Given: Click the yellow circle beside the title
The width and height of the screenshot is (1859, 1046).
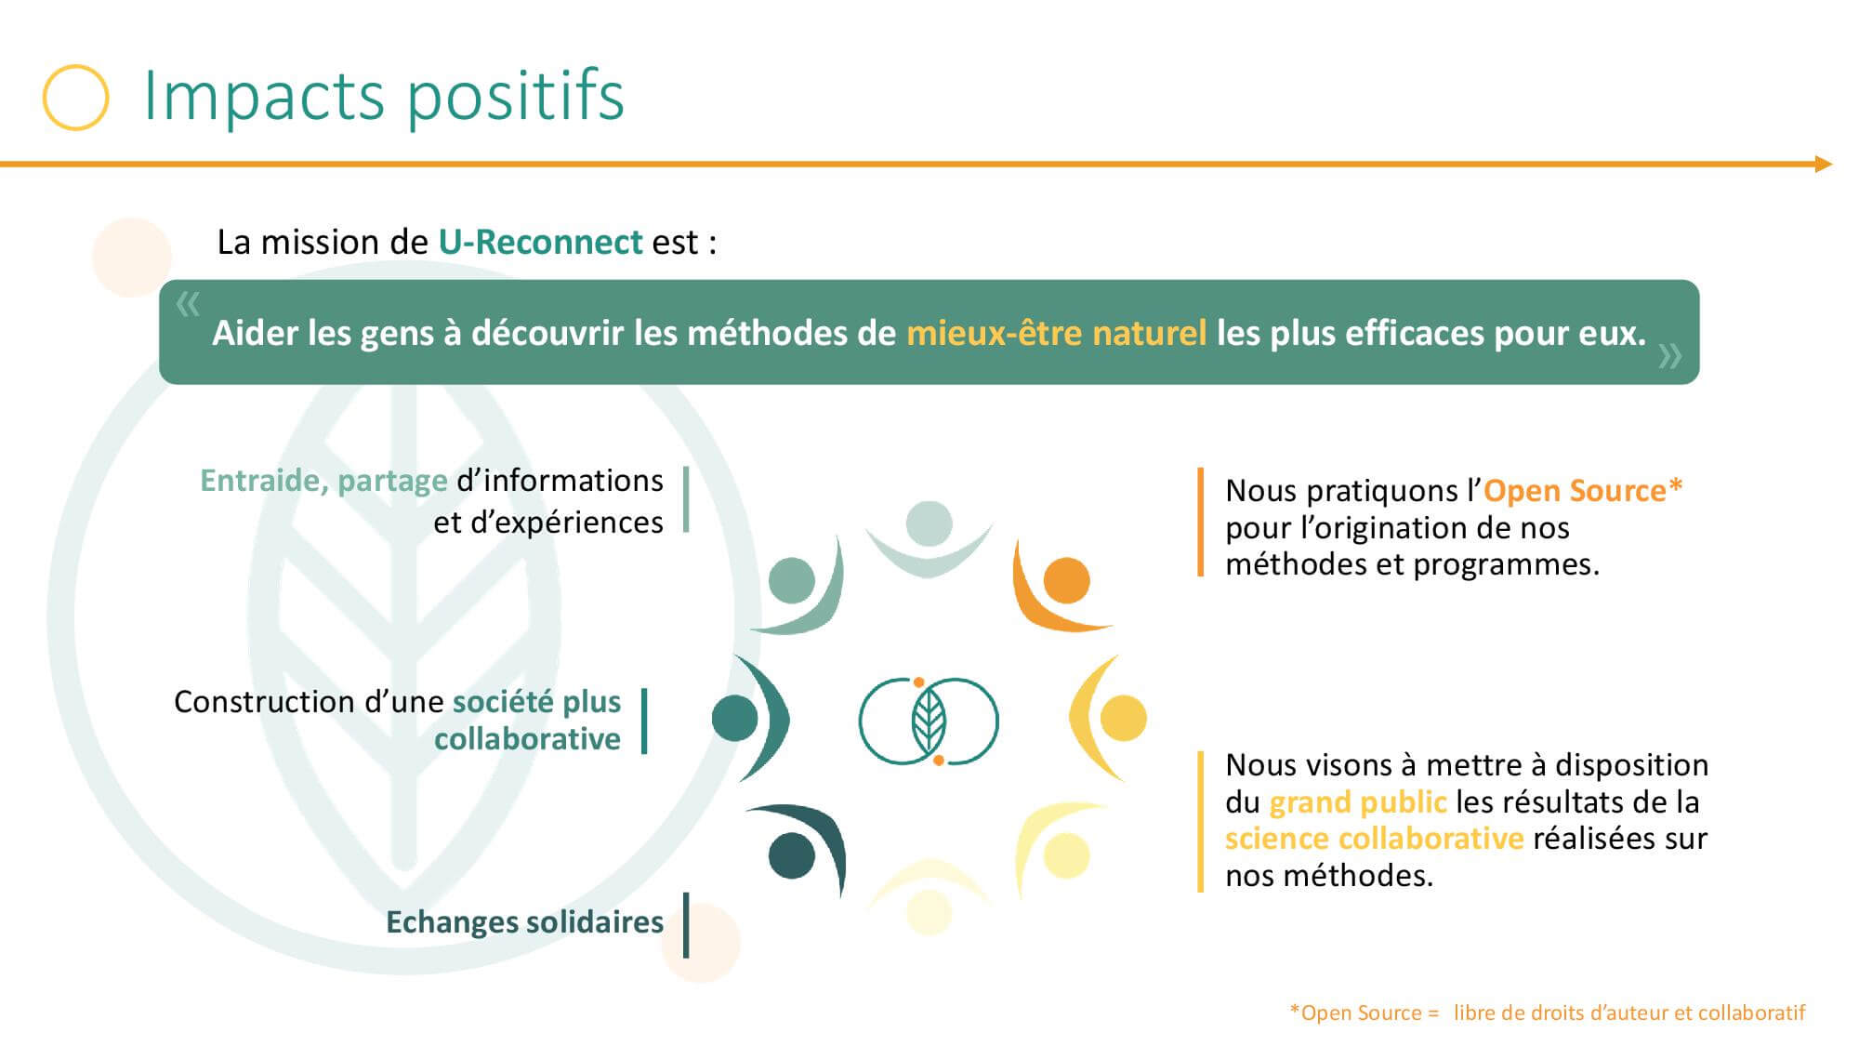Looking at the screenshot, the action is coord(76,65).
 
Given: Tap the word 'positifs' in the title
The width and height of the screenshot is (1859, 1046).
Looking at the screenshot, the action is coord(515,97).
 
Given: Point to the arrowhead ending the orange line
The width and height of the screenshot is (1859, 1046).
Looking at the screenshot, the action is coord(1823,165).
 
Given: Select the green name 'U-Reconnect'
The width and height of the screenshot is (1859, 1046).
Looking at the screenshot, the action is coord(540,242).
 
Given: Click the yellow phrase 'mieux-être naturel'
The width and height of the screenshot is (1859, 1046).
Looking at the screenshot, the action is coord(1056,333).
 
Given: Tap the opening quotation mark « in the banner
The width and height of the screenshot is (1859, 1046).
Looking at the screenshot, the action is coord(188,303).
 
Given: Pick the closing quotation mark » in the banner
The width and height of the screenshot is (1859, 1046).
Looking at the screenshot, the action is coord(1669,355).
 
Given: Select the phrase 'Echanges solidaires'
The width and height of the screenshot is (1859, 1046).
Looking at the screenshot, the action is coord(524,921).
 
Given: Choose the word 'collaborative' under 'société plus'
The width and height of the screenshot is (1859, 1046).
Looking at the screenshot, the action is coord(527,739).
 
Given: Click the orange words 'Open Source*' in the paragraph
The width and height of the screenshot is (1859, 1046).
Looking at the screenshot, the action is coord(1583,490).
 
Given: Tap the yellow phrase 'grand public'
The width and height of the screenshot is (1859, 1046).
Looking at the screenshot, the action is coord(1358,801).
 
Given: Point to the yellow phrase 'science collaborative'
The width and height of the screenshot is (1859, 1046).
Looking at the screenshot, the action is coord(1374,839).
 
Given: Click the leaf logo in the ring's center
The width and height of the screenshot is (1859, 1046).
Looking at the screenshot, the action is coord(929,722).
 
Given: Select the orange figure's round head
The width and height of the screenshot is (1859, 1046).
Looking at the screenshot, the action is coord(1066,581).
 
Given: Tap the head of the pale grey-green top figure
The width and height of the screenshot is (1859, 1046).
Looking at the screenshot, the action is coord(929,523).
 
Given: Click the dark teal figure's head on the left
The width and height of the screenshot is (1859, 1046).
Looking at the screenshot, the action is coord(735,718).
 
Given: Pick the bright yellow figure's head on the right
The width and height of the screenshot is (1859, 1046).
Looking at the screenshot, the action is coord(1123,718).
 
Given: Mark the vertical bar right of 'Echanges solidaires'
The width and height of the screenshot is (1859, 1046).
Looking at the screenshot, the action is coord(686,924).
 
